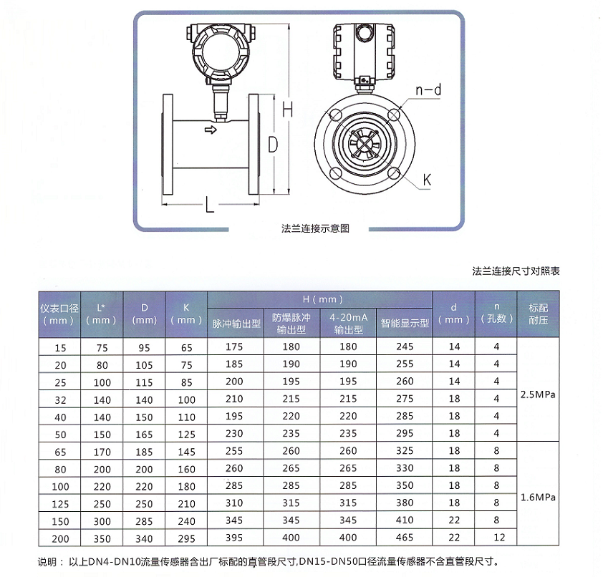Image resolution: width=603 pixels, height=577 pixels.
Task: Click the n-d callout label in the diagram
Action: [x=428, y=89]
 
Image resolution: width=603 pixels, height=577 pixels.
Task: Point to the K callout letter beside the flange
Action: [x=426, y=180]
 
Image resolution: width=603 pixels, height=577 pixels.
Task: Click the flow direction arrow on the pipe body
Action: [x=211, y=130]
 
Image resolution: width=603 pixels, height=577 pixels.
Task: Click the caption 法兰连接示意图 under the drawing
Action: [x=315, y=229]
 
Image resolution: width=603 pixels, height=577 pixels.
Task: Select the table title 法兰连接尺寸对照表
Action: [x=516, y=271]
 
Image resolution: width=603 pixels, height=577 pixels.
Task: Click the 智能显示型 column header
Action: [x=405, y=323]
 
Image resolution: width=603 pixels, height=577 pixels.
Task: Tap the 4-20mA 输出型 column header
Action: [x=348, y=323]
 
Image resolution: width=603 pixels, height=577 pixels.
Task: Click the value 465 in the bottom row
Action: [x=405, y=537]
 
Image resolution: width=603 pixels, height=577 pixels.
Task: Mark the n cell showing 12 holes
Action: [x=496, y=537]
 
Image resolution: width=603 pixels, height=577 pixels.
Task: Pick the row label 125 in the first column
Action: [x=60, y=503]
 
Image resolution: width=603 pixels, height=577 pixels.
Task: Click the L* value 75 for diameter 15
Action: [x=102, y=346]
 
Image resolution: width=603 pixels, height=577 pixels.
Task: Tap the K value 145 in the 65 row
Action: [x=186, y=451]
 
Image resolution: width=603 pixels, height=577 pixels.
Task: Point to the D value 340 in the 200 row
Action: [x=144, y=537]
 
